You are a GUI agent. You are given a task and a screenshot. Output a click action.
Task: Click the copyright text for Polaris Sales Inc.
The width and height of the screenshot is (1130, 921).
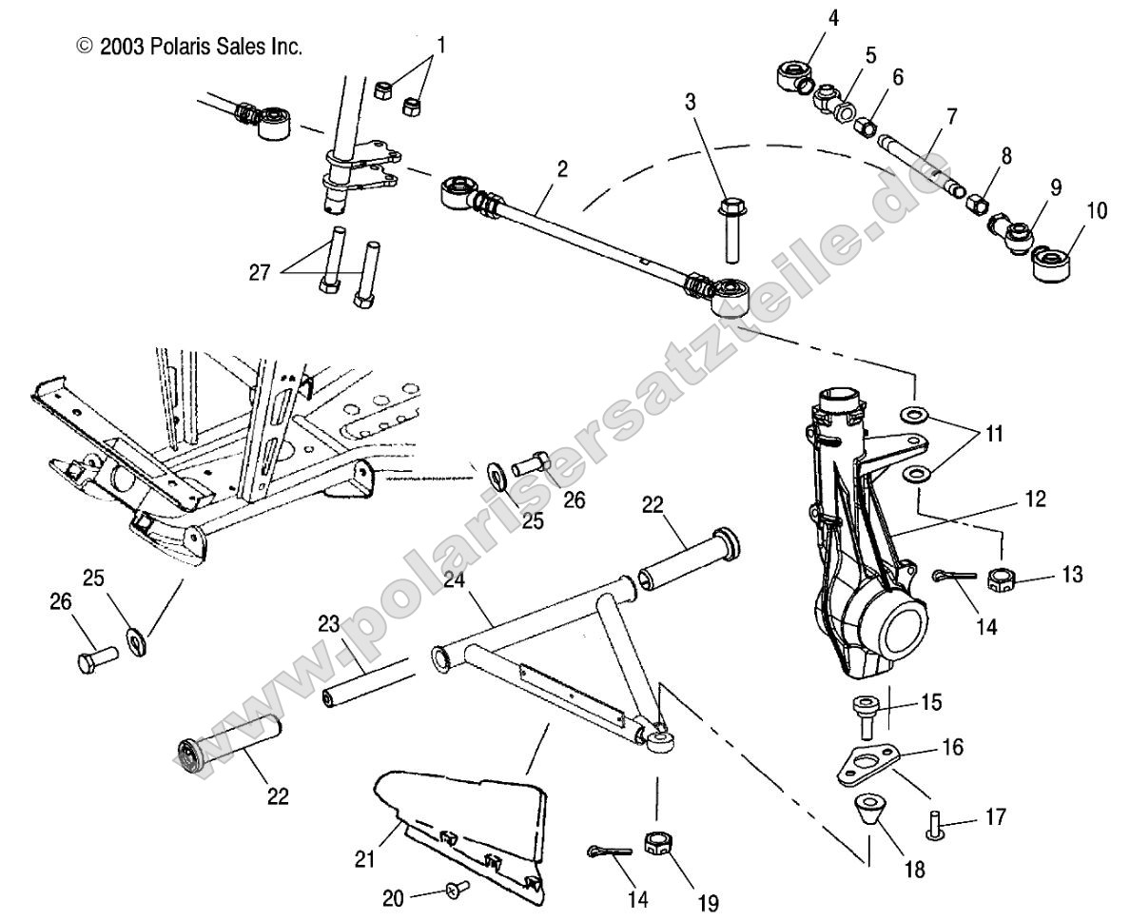pyautogui.click(x=189, y=47)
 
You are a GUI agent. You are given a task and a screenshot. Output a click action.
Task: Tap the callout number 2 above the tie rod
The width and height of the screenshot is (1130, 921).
pyautogui.click(x=562, y=168)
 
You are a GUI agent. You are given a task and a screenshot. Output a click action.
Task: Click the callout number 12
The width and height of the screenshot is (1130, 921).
pyautogui.click(x=1035, y=498)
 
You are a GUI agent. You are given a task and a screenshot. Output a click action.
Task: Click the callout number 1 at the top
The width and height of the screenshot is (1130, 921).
pyautogui.click(x=439, y=44)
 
